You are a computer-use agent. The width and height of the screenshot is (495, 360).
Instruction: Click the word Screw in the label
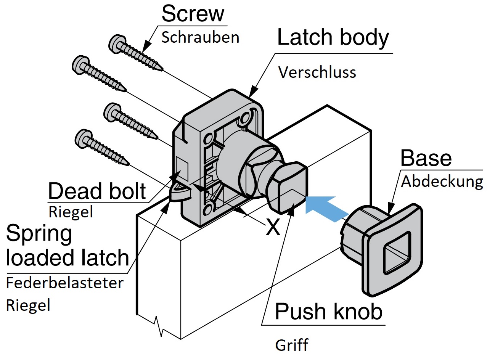(193, 14)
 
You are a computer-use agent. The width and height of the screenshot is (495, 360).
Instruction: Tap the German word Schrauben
(200, 37)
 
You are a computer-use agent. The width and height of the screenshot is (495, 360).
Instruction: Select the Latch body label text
(333, 37)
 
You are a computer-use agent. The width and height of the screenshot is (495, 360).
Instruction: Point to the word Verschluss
(317, 72)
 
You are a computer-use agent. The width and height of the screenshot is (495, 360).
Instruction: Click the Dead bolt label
(97, 191)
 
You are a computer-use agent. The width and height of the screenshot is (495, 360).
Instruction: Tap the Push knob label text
(328, 311)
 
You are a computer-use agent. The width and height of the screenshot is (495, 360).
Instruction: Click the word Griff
(292, 345)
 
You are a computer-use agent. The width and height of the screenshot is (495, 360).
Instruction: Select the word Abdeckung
(442, 182)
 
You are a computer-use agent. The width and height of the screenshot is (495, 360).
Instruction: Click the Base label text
(426, 157)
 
